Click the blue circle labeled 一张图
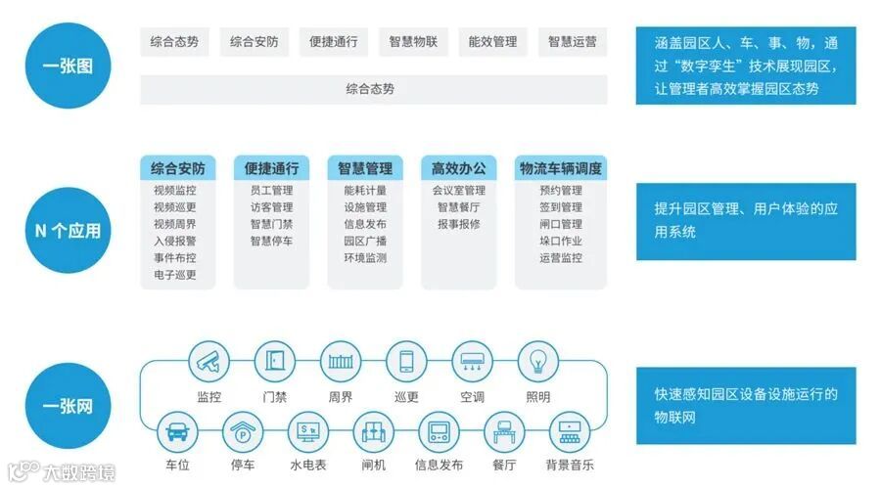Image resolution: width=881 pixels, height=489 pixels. [68, 66]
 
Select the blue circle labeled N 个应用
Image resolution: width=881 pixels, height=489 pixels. [68, 231]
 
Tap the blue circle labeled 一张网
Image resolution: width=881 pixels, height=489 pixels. [68, 405]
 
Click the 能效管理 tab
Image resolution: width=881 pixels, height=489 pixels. [492, 42]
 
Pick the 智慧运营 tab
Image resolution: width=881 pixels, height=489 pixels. [572, 42]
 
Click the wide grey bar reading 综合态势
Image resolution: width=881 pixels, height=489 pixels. [373, 89]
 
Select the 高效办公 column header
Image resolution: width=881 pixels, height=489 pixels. [458, 168]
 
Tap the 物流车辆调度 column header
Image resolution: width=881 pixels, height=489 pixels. [561, 168]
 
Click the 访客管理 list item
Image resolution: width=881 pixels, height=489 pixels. [271, 207]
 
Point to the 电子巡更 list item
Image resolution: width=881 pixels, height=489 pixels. [174, 275]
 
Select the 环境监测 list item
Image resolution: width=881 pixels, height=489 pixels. [365, 258]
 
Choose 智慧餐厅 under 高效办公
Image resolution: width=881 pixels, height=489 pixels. [458, 207]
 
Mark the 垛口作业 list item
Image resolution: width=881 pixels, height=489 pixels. [561, 241]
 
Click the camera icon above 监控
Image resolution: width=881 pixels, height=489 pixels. [209, 362]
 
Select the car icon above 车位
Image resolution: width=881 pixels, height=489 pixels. [176, 430]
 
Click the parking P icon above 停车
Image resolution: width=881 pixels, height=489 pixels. [241, 430]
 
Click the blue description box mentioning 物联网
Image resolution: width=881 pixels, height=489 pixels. [746, 406]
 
